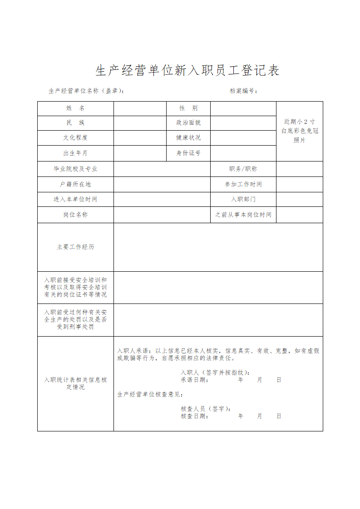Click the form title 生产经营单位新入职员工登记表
[x=187, y=70]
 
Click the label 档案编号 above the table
[x=244, y=91]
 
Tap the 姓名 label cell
[x=75, y=108]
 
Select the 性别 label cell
[x=188, y=108]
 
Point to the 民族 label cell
[x=75, y=123]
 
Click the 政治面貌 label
[x=188, y=123]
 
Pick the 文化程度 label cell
[x=75, y=138]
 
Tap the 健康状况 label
[x=188, y=138]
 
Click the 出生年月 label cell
[x=75, y=153]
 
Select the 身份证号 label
[x=188, y=153]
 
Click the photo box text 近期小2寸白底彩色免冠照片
[x=300, y=131]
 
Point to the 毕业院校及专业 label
[x=75, y=169]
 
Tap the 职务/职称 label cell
[x=243, y=169]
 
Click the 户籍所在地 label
[x=75, y=185]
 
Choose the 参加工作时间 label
[x=243, y=185]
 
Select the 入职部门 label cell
[x=243, y=200]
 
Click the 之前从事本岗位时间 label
[x=243, y=215]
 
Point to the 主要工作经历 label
[x=75, y=247]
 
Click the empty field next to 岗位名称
[x=162, y=215]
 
